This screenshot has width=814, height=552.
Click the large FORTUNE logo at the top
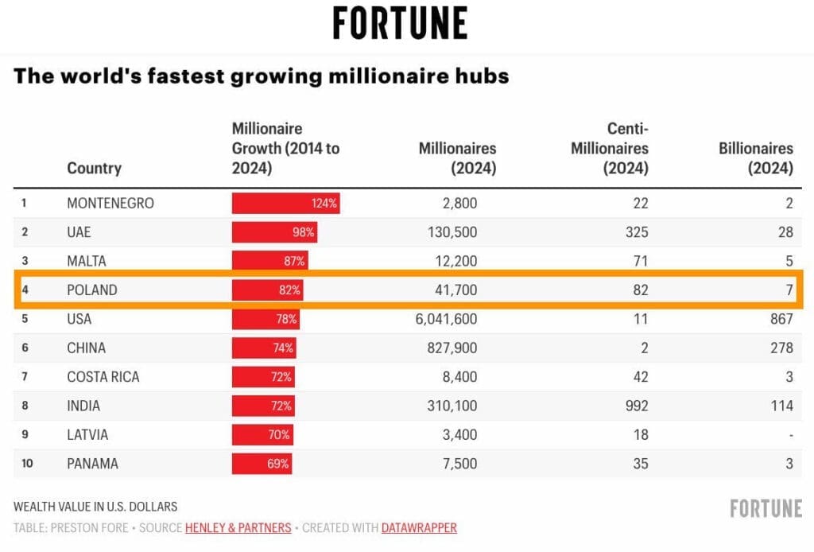400,23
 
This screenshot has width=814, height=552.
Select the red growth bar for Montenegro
285,203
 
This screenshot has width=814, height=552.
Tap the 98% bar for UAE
274,232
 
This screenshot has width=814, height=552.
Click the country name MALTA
87,261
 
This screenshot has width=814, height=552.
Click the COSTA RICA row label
103,377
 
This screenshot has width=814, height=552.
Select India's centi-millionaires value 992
635,406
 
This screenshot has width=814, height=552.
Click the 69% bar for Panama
262,464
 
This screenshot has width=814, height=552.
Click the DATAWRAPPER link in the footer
419,527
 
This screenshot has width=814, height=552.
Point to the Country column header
94,168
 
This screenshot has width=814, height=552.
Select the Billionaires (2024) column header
756,158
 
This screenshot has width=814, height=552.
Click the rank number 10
28,464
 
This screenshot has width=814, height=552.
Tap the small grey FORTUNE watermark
765,508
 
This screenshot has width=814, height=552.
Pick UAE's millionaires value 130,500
448,232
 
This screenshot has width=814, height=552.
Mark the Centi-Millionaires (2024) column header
610,148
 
